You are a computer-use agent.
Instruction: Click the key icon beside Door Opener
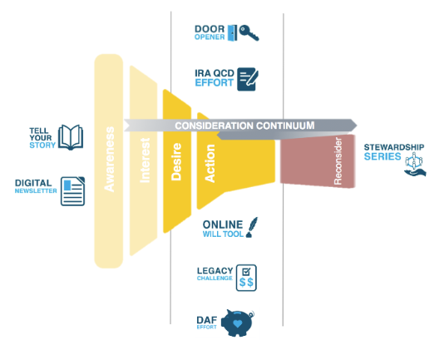point(247,33)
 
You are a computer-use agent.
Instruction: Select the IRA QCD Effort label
point(214,77)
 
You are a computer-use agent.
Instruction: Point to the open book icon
point(72,137)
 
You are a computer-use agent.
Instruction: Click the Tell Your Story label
point(42,137)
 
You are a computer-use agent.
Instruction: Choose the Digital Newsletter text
point(37,186)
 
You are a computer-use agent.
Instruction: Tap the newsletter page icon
point(73,190)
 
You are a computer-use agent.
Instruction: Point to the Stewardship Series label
point(393,152)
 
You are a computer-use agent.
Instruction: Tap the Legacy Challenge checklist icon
point(246,276)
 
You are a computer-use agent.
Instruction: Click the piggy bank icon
point(239,323)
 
